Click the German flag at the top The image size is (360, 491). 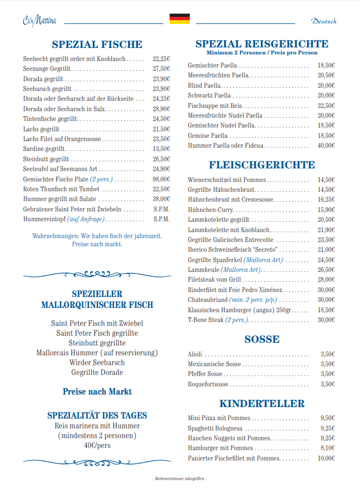pos(179,19)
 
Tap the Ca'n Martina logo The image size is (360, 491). pos(40,21)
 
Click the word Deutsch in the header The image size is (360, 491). pos(323,21)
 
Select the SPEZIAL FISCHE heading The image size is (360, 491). pos(97,45)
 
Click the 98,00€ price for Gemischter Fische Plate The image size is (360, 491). pos(161,179)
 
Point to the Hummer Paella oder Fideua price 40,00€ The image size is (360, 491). pos(326,146)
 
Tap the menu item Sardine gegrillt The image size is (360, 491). pos(44,149)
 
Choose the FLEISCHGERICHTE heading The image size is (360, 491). pos(262,165)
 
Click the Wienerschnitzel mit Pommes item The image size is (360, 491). pos(227,179)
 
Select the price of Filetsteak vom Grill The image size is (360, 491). pos(326,280)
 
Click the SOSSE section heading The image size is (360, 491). pos(262,340)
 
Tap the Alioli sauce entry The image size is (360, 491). pos(195,354)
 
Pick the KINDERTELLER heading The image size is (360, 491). pos(262,403)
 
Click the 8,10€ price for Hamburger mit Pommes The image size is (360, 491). pos(327,448)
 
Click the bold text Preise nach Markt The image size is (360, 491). pos(97,391)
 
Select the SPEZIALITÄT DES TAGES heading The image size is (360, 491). pos(97,415)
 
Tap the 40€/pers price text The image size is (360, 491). pos(97,445)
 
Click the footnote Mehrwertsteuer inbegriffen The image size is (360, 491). pos(179,478)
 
